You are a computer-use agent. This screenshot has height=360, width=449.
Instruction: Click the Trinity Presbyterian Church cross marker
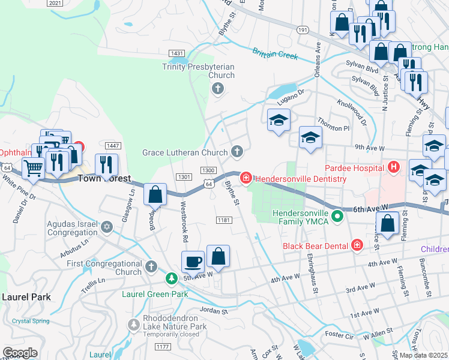tap(217, 89)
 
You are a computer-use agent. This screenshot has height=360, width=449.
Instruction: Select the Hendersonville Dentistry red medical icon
tap(246, 178)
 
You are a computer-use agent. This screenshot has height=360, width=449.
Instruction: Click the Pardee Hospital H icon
tap(394, 167)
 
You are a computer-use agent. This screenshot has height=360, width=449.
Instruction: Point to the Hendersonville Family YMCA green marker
tap(338, 214)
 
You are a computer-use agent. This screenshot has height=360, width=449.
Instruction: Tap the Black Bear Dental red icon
tap(357, 245)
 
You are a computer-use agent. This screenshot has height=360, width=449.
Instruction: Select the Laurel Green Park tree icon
tap(172, 278)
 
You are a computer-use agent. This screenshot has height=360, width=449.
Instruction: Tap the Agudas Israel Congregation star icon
tap(107, 227)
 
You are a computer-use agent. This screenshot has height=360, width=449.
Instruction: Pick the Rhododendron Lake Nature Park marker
tap(133, 325)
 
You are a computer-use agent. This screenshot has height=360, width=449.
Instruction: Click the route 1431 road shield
tap(176, 53)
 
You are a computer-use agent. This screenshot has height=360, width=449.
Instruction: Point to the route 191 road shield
tap(302, 29)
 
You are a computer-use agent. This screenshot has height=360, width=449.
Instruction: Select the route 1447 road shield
tap(112, 146)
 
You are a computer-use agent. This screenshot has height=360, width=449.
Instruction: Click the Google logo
tap(20, 353)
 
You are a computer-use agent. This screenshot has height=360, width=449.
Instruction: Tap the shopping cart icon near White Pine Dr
tap(34, 168)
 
